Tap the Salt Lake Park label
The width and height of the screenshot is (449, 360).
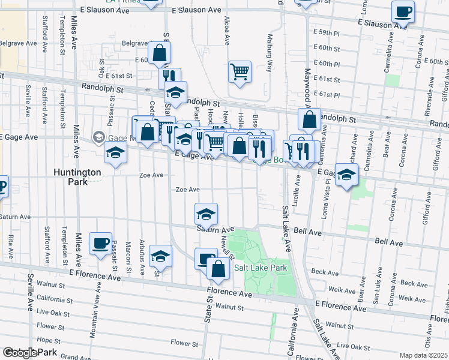261,268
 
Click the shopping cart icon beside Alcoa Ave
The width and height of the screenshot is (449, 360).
240,71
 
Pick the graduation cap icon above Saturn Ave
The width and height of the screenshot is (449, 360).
206,214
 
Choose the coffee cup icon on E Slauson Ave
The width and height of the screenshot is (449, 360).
403,11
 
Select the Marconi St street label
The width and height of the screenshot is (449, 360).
128,255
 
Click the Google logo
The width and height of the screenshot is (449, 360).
20,353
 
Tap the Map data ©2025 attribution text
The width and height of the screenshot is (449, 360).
424,355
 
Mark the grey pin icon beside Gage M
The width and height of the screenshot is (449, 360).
98,137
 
